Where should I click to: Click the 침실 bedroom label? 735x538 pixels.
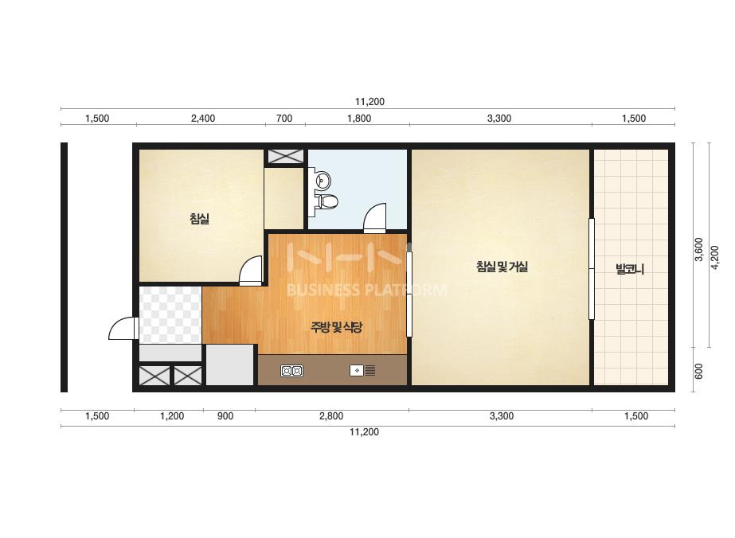[x=199, y=219]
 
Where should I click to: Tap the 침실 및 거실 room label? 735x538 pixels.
[x=502, y=267]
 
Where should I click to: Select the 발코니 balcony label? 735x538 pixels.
[x=630, y=269]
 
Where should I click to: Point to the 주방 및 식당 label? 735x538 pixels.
[x=336, y=326]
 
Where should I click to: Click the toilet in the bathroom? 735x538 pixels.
[x=326, y=202]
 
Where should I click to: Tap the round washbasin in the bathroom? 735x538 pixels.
[x=323, y=181]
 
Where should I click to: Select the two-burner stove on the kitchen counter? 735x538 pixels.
[x=291, y=371]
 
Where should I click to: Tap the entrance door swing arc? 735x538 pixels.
[x=117, y=322]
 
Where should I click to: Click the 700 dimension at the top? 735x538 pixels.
[x=284, y=118]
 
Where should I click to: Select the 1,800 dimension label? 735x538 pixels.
[x=359, y=118]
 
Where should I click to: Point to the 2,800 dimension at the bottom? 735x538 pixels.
[x=331, y=415]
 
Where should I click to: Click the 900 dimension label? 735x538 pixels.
[x=225, y=415]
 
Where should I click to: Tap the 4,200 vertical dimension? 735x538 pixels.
[x=715, y=257]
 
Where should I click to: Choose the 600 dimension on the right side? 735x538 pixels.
[x=698, y=371]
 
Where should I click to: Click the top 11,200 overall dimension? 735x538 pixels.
[x=369, y=102]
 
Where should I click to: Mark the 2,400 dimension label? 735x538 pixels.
[x=203, y=118]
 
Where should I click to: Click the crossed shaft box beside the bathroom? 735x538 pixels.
[x=285, y=156]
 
